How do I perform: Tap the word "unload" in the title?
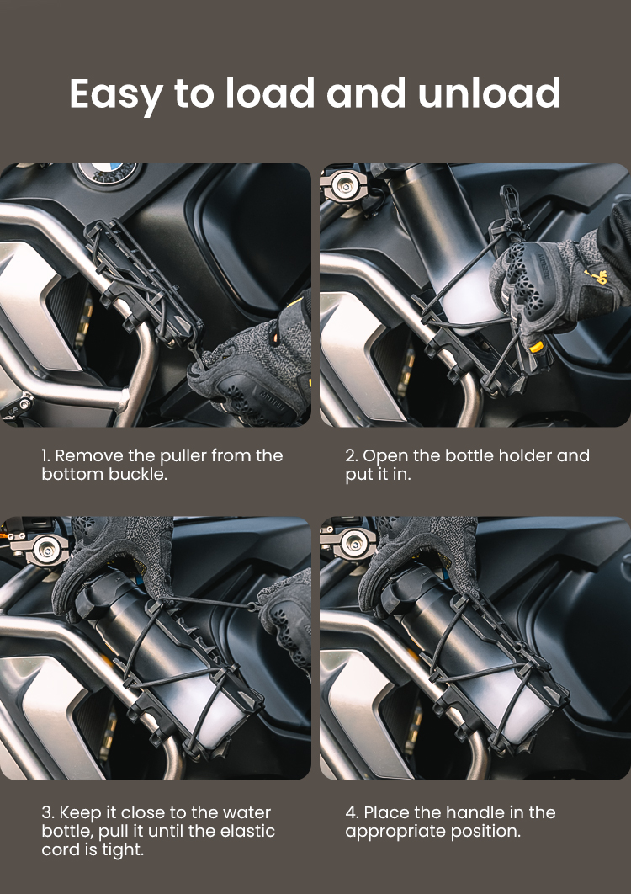coord(490,93)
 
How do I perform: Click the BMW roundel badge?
coord(108,172)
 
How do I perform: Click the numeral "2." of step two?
coord(351,456)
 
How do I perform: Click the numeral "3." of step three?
coord(48,813)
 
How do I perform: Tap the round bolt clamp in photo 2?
coord(345,184)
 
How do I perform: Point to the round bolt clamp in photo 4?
coord(351,547)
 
